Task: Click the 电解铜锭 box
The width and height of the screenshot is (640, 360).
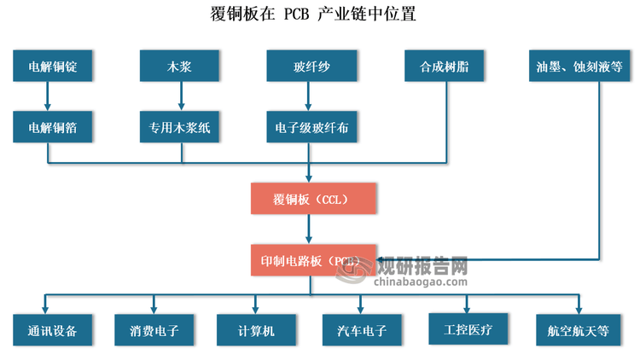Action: [53, 67]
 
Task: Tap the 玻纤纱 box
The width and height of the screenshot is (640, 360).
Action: [307, 67]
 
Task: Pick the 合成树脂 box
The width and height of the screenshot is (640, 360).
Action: [445, 67]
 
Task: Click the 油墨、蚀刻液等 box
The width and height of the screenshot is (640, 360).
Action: [579, 67]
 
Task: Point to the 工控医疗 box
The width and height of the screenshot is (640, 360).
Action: [468, 328]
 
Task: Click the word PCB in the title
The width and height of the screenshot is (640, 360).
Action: [298, 15]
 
